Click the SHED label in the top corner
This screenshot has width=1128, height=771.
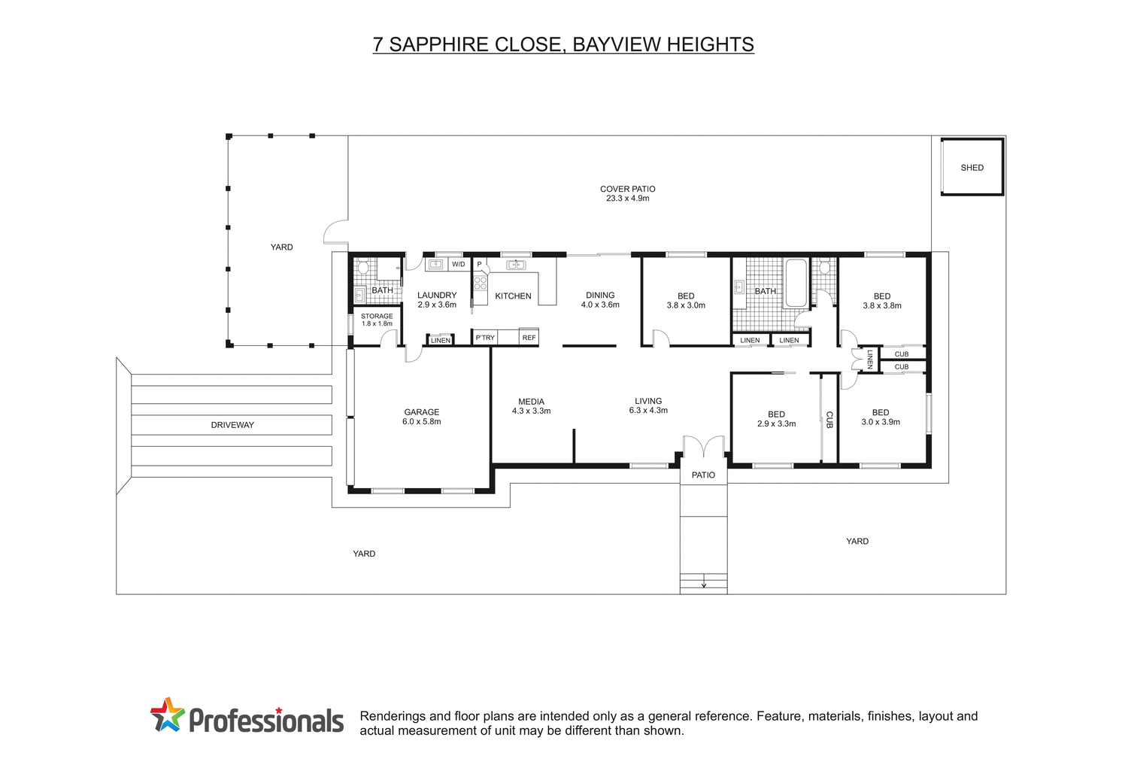pyautogui.click(x=972, y=168)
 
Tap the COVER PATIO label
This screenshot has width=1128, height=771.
pyautogui.click(x=627, y=193)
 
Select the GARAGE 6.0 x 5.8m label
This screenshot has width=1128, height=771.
pyautogui.click(x=421, y=417)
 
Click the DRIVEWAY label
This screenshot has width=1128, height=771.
pyautogui.click(x=232, y=425)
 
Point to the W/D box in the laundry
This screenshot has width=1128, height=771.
pyautogui.click(x=458, y=265)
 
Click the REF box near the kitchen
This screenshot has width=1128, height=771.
pyautogui.click(x=529, y=338)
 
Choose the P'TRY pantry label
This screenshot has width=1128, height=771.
pyautogui.click(x=485, y=338)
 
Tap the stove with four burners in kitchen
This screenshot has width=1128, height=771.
pyautogui.click(x=480, y=284)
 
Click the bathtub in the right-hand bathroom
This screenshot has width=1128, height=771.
pyautogui.click(x=795, y=283)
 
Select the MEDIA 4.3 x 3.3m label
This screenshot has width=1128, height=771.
pyautogui.click(x=531, y=406)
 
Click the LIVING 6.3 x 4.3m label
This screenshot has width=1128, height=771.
pyautogui.click(x=647, y=405)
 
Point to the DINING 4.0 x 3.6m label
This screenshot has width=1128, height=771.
pyautogui.click(x=600, y=300)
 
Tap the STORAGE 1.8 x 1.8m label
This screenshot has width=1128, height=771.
pyautogui.click(x=377, y=320)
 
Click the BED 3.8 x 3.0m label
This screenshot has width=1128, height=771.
pyautogui.click(x=685, y=301)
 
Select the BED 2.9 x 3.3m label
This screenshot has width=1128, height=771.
pyautogui.click(x=776, y=419)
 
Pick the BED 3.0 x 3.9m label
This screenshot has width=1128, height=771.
pyautogui.click(x=881, y=417)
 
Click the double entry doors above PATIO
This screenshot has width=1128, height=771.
pyautogui.click(x=703, y=448)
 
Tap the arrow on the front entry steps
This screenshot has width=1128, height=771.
pyautogui.click(x=704, y=584)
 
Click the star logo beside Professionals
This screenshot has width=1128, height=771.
pyautogui.click(x=167, y=715)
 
